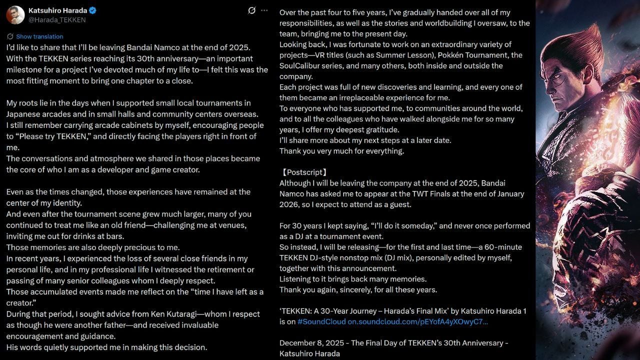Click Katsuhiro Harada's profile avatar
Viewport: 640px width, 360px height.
click(15, 15)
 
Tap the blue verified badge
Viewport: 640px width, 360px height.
click(92, 10)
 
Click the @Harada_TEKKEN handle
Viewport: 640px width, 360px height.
click(57, 20)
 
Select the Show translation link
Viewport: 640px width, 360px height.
click(39, 36)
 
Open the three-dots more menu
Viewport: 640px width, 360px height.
click(264, 10)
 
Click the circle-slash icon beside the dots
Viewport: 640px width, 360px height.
click(251, 10)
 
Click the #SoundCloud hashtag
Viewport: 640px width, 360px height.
click(321, 321)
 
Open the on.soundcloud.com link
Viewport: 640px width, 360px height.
click(417, 321)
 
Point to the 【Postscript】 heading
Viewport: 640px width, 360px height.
click(304, 172)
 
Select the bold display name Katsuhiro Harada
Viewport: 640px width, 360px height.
click(57, 10)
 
